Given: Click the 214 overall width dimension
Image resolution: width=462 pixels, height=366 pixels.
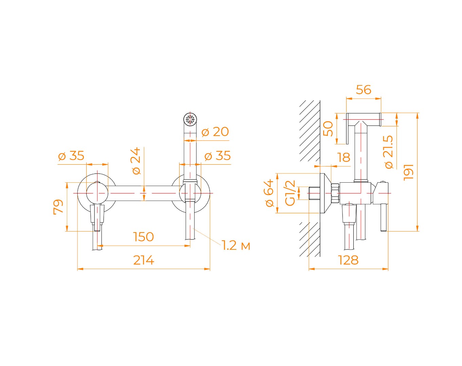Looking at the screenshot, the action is pyautogui.click(x=144, y=260).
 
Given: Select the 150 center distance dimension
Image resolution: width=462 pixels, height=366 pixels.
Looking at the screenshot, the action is pyautogui.click(x=144, y=237).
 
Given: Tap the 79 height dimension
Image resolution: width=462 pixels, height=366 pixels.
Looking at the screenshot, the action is pyautogui.click(x=58, y=207).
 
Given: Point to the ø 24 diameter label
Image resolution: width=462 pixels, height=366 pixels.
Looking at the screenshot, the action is pyautogui.click(x=136, y=161).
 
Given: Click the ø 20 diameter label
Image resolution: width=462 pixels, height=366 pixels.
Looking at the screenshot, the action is pyautogui.click(x=215, y=131).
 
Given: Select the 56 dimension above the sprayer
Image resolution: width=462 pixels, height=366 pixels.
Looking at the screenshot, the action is pyautogui.click(x=364, y=89).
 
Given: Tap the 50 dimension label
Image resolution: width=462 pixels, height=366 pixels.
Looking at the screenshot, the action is pyautogui.click(x=328, y=129).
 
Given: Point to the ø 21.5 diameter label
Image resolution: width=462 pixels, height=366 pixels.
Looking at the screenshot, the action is pyautogui.click(x=389, y=152).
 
